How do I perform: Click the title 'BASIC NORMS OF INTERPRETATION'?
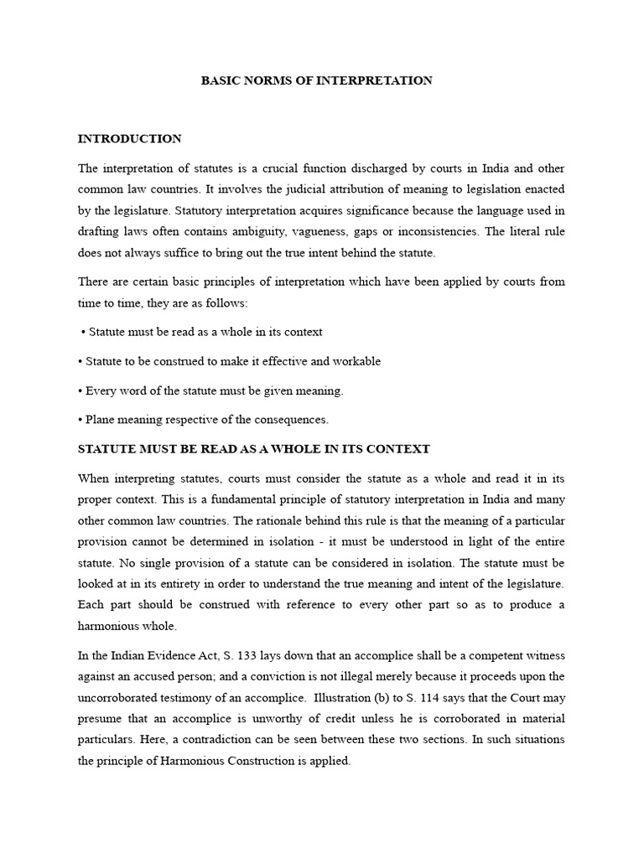[317, 81]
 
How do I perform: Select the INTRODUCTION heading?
[129, 138]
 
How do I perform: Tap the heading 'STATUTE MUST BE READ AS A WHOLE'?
[253, 449]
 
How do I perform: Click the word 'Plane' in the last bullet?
[101, 419]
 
